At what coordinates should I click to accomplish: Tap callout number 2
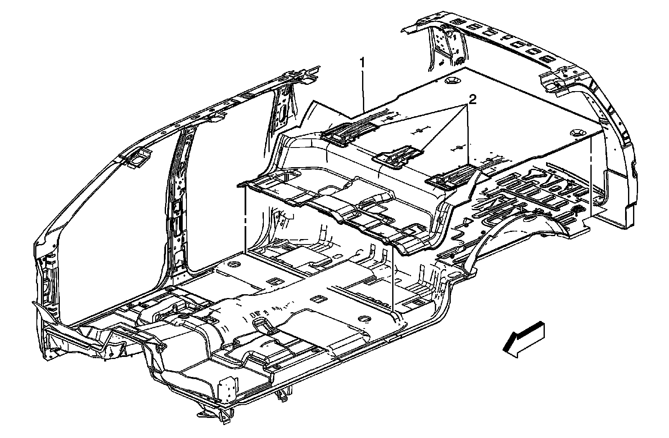472,99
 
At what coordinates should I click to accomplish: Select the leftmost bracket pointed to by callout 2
347,132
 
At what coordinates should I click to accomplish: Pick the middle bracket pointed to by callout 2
396,157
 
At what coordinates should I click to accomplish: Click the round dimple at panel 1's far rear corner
452,80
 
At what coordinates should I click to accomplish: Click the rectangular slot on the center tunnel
318,299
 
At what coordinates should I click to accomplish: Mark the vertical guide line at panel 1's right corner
591,176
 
